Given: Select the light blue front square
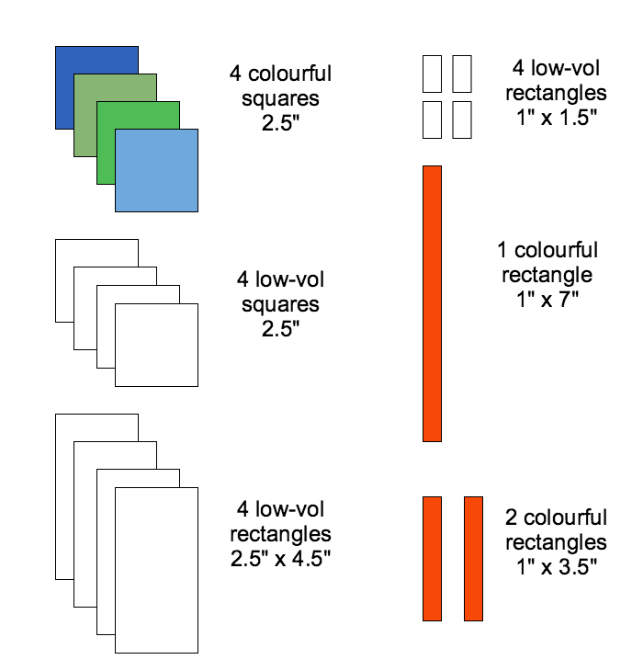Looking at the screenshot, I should (x=156, y=170).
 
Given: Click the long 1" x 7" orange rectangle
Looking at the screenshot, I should (x=432, y=303).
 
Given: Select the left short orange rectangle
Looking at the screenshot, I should (x=432, y=558).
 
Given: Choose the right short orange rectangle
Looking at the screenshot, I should (x=473, y=558).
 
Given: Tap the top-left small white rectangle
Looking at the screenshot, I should (x=432, y=74).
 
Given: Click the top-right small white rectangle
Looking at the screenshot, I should (x=462, y=74).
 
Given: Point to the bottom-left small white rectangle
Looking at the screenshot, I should (x=432, y=120).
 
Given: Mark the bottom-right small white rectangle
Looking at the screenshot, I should (x=462, y=120).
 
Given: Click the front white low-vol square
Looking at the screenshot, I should (x=156, y=345).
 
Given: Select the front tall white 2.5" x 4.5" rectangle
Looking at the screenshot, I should (x=156, y=570).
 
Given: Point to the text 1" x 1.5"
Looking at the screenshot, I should (x=557, y=116).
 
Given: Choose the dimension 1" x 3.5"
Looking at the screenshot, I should (x=556, y=564).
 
